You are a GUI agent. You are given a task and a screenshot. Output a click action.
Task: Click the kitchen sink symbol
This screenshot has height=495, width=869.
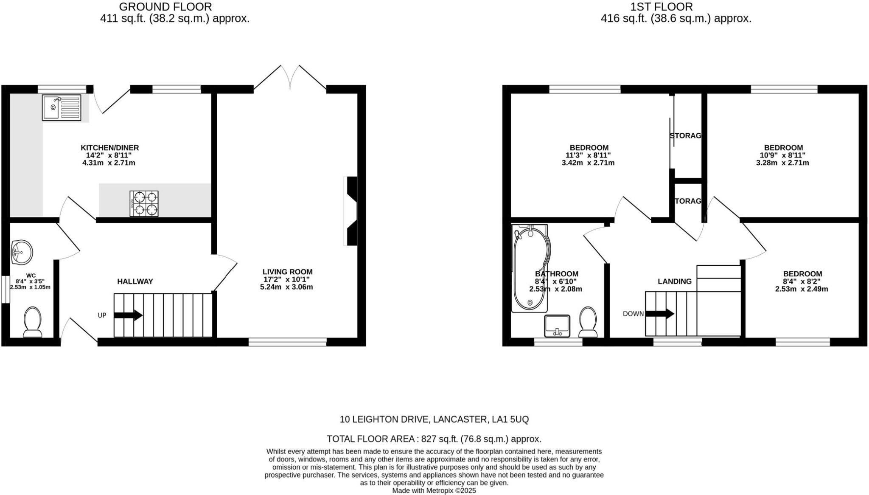click(x=62, y=107)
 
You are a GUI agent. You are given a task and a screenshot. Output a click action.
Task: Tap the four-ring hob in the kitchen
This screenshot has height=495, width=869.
click(x=144, y=203)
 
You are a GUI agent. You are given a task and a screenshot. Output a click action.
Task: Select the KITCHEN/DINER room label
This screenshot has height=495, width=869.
click(x=110, y=148)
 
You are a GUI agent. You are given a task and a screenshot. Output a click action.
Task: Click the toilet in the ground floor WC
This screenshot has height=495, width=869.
click(x=32, y=322)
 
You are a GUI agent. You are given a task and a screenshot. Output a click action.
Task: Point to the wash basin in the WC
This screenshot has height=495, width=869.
click(x=22, y=252)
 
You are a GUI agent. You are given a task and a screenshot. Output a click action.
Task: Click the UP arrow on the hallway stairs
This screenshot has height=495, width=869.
click(x=128, y=315)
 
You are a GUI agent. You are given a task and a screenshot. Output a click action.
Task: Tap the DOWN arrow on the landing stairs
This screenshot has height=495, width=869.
click(x=660, y=314)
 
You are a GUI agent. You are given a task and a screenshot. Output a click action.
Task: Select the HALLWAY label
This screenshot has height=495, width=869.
click(x=135, y=281)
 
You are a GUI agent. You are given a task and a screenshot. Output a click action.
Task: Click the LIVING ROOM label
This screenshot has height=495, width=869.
click(x=287, y=272)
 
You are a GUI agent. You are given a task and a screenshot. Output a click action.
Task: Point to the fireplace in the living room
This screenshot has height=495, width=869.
click(x=351, y=211)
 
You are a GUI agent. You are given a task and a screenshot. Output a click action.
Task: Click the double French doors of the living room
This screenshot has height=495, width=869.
click(x=290, y=79)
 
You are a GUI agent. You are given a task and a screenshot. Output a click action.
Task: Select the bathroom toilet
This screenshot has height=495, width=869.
click(x=588, y=321)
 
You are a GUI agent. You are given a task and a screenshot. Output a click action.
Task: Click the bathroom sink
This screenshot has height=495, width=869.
click(x=557, y=326)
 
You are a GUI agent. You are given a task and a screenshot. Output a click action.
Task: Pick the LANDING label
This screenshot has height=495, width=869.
click(x=674, y=281)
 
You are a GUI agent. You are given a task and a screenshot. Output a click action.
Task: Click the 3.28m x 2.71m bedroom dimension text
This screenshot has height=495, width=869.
click(x=782, y=163)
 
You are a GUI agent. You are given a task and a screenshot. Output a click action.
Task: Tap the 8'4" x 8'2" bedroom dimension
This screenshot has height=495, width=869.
click(x=802, y=281)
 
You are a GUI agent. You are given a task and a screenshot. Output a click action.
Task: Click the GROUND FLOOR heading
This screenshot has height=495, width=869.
click(x=165, y=7)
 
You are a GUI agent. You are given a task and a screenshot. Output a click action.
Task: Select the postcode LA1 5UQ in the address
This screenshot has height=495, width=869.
click(x=510, y=419)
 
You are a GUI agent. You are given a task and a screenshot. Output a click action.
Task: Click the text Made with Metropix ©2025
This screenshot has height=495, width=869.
click(x=434, y=491)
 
